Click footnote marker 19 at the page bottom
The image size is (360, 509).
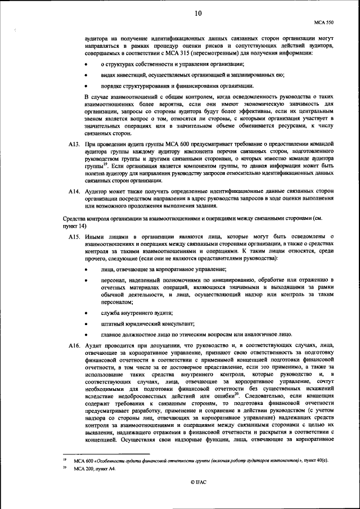[x=65, y=460]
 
